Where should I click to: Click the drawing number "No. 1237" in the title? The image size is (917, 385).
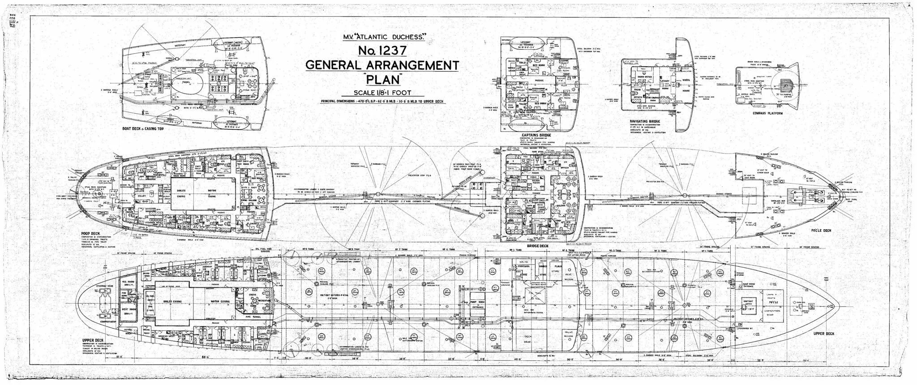381,50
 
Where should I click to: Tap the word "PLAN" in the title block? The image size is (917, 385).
381,81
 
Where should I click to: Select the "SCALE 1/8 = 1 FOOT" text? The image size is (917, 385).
381,94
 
